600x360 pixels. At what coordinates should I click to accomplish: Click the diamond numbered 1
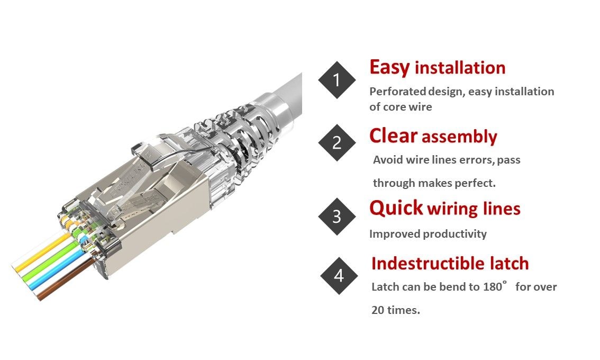tap(337, 80)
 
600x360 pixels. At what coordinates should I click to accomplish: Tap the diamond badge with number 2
tap(337, 142)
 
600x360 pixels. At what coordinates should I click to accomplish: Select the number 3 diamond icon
tap(337, 217)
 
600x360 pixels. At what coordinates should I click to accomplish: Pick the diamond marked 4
tap(339, 276)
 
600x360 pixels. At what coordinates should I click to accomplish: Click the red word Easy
tap(389, 68)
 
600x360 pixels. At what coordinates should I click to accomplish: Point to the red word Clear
tap(393, 136)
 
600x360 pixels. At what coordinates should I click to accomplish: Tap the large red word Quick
tap(396, 208)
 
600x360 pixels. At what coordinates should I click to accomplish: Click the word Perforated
tap(397, 92)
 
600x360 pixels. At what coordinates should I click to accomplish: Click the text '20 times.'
tap(395, 310)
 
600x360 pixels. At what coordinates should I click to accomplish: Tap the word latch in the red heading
tap(509, 263)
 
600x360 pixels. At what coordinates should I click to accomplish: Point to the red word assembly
tap(459, 137)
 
